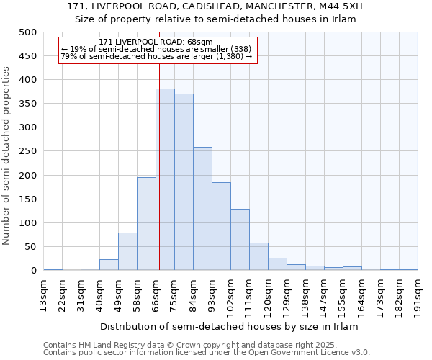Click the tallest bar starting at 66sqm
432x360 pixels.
[x=165, y=180]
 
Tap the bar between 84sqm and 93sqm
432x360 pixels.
[x=202, y=209]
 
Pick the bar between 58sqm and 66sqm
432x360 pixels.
[x=146, y=224]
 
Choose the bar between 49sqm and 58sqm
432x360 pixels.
[x=127, y=251]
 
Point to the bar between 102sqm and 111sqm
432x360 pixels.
[x=240, y=240]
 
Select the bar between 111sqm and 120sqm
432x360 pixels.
[x=258, y=256]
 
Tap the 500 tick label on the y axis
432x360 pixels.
[x=28, y=32]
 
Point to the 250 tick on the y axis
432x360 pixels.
[x=28, y=151]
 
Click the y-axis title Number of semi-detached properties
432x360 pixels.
[x=7, y=156]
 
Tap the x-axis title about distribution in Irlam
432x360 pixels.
[x=229, y=326]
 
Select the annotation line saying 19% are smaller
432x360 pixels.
[x=156, y=49]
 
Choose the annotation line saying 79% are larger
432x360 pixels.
[x=156, y=56]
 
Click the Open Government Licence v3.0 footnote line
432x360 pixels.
[x=207, y=352]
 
